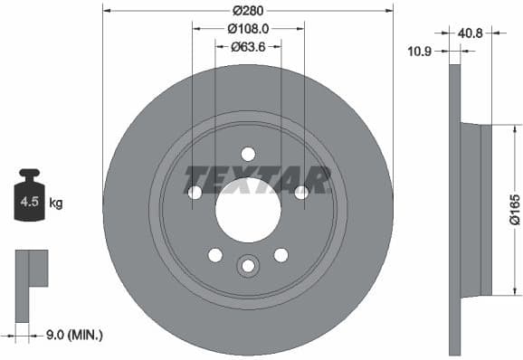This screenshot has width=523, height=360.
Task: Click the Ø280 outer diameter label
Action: coord(247,11)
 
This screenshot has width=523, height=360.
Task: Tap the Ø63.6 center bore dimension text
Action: coord(247,47)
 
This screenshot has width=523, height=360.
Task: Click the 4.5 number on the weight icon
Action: coord(29,204)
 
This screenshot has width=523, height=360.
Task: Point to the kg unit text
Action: coord(56,204)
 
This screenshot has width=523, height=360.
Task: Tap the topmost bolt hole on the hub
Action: coord(248,154)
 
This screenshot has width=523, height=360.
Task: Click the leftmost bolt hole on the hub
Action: coord(195,192)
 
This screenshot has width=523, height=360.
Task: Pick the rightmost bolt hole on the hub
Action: coord(301,192)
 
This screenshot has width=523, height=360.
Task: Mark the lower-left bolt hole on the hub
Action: coord(214,254)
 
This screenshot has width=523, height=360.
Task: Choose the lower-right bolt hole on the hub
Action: coord(281,254)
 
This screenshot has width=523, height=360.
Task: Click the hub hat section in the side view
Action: coord(477,210)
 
